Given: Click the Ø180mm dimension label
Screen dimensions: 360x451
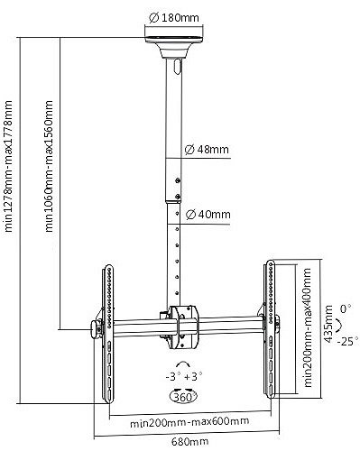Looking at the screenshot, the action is click(x=174, y=18).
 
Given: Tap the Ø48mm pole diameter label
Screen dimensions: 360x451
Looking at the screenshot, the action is click(x=207, y=150).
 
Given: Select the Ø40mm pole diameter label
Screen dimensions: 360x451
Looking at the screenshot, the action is click(x=208, y=215).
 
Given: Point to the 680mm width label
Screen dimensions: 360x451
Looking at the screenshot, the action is click(x=190, y=442).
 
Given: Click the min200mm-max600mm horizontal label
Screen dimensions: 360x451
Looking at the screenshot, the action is click(x=189, y=421).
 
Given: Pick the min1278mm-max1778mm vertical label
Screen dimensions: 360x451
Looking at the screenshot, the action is click(x=8, y=166).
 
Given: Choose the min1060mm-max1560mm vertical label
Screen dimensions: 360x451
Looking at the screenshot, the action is click(x=49, y=166).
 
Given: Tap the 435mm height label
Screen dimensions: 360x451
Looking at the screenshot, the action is click(x=328, y=324).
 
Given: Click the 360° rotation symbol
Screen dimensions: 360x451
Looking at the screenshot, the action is click(x=184, y=397).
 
